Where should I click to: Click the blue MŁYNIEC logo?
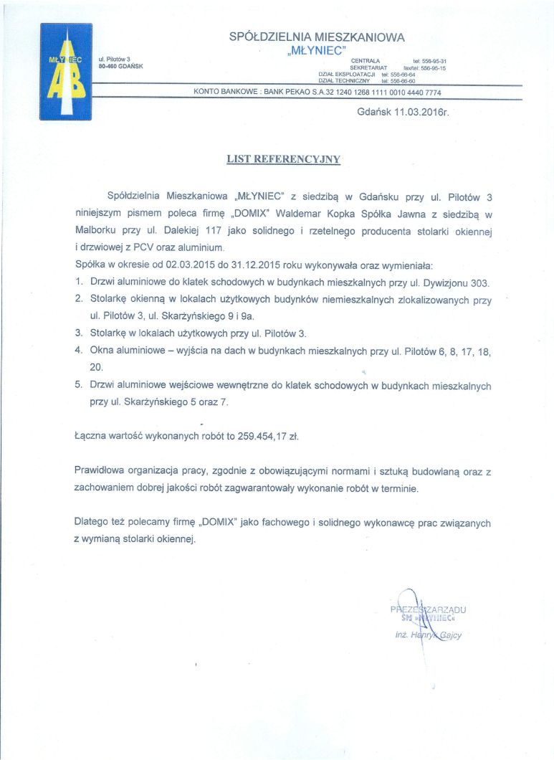tap(65, 72)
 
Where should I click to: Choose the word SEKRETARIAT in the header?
tap(368, 67)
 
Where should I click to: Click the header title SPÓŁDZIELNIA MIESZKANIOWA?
tap(317, 36)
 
